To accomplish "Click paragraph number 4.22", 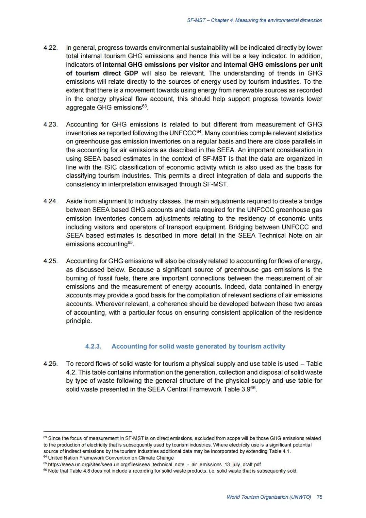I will tap(50, 48).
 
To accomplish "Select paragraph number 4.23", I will tap(50, 124).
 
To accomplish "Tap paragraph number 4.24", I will tap(50, 201).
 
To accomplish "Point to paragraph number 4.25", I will tap(50, 261).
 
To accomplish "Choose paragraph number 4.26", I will tap(50, 364).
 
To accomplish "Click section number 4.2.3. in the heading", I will tap(93, 346).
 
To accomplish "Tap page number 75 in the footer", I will tap(319, 497).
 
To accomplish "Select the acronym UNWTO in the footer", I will tap(300, 497).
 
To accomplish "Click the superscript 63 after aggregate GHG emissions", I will tap(145, 106).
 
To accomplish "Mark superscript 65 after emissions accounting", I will tap(130, 242).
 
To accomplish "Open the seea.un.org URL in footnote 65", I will tap(155, 464).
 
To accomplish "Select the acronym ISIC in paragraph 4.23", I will tap(110, 167).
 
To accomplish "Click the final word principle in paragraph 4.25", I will tap(79, 321).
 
